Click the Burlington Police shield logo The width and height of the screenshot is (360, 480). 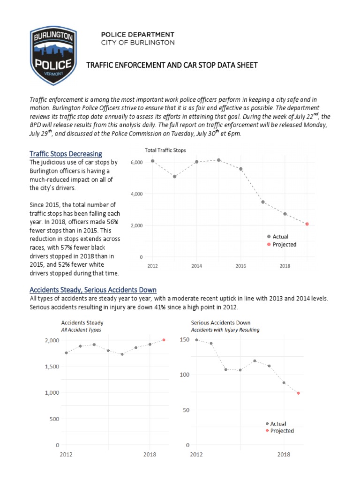pyautogui.click(x=51, y=56)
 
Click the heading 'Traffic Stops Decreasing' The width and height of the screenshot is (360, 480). pyautogui.click(x=66, y=154)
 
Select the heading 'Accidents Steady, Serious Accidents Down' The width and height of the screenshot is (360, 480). pyautogui.click(x=93, y=290)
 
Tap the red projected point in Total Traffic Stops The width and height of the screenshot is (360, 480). pyautogui.click(x=307, y=224)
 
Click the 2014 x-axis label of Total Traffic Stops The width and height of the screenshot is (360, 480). pyautogui.click(x=196, y=266)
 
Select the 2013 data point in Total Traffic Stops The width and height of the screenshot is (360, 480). pyautogui.click(x=174, y=177)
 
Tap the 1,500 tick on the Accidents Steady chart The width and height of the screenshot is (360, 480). pyautogui.click(x=49, y=366)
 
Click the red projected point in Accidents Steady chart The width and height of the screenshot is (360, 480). pyautogui.click(x=164, y=340)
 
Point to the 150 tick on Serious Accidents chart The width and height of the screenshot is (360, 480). pyautogui.click(x=184, y=340)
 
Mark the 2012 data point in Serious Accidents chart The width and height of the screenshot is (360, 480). pyautogui.click(x=196, y=340)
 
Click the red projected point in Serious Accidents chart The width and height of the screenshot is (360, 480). pyautogui.click(x=298, y=393)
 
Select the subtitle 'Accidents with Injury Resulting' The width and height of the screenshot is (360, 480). pyautogui.click(x=225, y=330)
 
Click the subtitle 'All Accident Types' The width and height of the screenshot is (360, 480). pyautogui.click(x=81, y=330)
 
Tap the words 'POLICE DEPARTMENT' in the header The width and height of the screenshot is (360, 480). pyautogui.click(x=138, y=35)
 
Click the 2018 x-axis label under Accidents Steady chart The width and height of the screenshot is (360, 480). pyautogui.click(x=150, y=455)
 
